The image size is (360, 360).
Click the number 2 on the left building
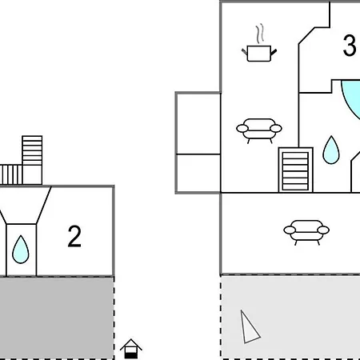tap(74, 236)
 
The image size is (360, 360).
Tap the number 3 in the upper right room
tap(350, 46)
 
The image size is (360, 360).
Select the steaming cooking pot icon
tap(259, 43)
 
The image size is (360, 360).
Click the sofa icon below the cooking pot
tap(259, 130)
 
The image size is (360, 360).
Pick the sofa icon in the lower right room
tap(306, 232)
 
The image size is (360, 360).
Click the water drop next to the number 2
tap(21, 250)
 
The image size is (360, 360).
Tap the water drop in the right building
tap(331, 150)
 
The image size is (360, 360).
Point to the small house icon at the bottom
tap(131, 349)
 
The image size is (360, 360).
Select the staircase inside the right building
tap(296, 170)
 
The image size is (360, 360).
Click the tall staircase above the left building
tap(32, 160)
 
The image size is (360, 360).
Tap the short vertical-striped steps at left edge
tap(11, 174)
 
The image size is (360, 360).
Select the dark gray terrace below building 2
tap(57, 318)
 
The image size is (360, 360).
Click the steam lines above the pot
tap(260, 34)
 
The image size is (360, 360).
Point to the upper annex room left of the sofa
tap(198, 123)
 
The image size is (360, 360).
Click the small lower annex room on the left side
tap(198, 174)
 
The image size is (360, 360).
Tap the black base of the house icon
tap(131, 355)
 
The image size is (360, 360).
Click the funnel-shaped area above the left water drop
tap(26, 205)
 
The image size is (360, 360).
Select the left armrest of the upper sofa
tap(242, 129)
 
